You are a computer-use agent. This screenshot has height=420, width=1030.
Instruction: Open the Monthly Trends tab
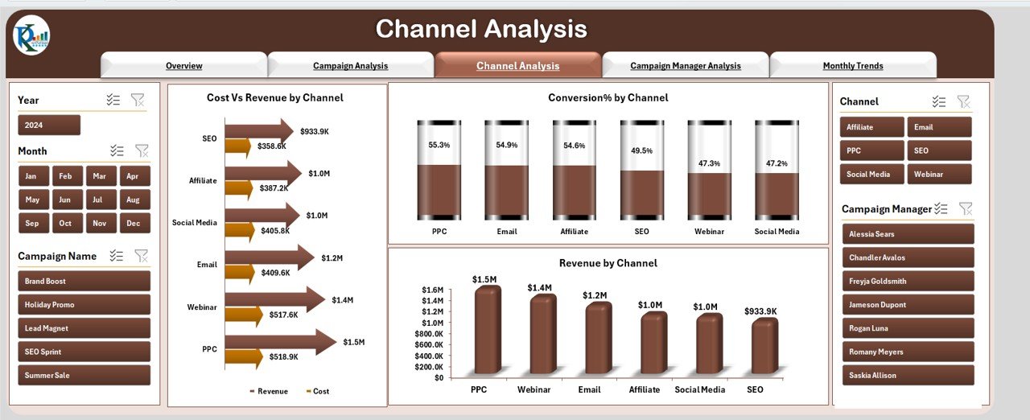(x=853, y=66)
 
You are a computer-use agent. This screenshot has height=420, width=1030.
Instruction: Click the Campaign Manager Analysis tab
(x=686, y=66)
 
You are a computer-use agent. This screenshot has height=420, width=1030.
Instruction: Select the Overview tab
(x=183, y=66)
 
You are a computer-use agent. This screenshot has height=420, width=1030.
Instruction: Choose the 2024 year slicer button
(x=49, y=126)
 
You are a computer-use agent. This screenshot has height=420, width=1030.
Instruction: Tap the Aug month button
(x=133, y=200)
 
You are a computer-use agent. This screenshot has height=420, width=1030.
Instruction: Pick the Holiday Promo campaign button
(x=84, y=305)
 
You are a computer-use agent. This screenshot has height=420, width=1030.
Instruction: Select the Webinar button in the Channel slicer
(x=939, y=175)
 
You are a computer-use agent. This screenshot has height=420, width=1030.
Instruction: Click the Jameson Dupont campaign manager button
(x=908, y=305)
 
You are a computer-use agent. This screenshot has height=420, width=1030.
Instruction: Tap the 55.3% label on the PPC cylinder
(x=439, y=145)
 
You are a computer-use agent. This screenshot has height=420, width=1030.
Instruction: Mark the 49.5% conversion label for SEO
(x=642, y=150)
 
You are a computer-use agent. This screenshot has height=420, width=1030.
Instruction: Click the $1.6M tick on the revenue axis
(x=432, y=290)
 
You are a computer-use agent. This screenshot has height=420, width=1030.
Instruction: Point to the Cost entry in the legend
(x=319, y=392)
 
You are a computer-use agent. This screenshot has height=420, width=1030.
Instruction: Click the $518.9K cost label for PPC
(x=283, y=356)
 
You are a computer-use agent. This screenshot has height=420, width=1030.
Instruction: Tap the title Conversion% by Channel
(x=608, y=98)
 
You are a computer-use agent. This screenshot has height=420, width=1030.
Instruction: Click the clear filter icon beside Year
(x=138, y=100)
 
